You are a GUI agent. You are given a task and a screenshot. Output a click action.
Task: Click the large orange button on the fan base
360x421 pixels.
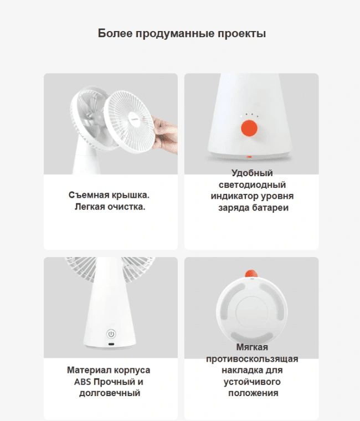coord(249,128)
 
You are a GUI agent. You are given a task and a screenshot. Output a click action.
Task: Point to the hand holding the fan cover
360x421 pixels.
coord(164,135)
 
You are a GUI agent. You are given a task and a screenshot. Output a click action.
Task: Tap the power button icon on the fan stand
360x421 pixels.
coord(111,334)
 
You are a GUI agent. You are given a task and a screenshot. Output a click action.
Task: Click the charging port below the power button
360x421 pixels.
coord(111,344)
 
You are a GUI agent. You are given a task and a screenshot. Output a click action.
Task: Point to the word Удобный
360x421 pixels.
coord(252,173)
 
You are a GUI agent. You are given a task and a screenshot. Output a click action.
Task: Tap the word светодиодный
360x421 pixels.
coord(252,184)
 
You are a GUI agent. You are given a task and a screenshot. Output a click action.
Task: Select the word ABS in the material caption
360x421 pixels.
coord(83,382)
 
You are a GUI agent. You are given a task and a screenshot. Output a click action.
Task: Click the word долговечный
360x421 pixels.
coord(110,393)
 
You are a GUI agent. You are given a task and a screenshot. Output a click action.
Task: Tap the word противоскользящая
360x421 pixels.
coord(252,359)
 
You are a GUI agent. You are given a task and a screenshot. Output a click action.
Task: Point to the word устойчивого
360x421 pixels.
coord(252,382)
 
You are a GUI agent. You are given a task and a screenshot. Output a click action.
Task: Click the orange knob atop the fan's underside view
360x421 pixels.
coord(251,273)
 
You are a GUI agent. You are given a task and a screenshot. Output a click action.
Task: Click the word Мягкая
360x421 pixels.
coord(252,347)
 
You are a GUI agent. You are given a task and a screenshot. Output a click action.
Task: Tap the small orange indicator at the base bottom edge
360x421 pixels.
coord(249,157)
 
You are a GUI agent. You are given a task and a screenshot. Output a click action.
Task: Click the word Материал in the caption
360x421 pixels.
coord(89,370)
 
